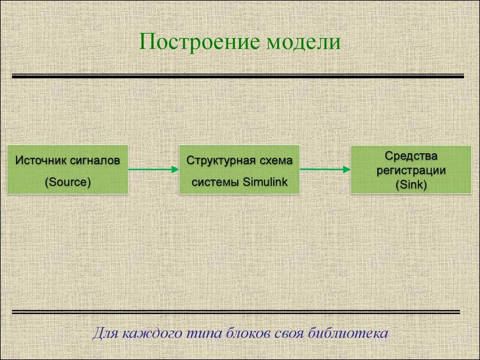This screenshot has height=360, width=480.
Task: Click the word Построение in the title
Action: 199,42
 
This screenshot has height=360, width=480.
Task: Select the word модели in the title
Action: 303,42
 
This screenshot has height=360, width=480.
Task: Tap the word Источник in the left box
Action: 41,160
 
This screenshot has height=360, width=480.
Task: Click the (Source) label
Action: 67,182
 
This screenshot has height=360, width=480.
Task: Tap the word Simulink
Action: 265,182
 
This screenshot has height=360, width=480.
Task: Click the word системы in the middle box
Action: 215,182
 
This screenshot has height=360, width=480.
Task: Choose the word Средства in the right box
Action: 411,155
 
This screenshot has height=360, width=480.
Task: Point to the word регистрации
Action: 411,170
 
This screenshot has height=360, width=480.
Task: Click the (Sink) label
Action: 411,185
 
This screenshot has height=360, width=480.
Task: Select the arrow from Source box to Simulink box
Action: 153,169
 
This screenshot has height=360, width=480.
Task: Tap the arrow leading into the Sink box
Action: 325,169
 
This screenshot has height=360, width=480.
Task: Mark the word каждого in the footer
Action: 146,334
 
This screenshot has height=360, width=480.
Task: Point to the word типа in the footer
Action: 197,334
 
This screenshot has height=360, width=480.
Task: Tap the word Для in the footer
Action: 105,334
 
